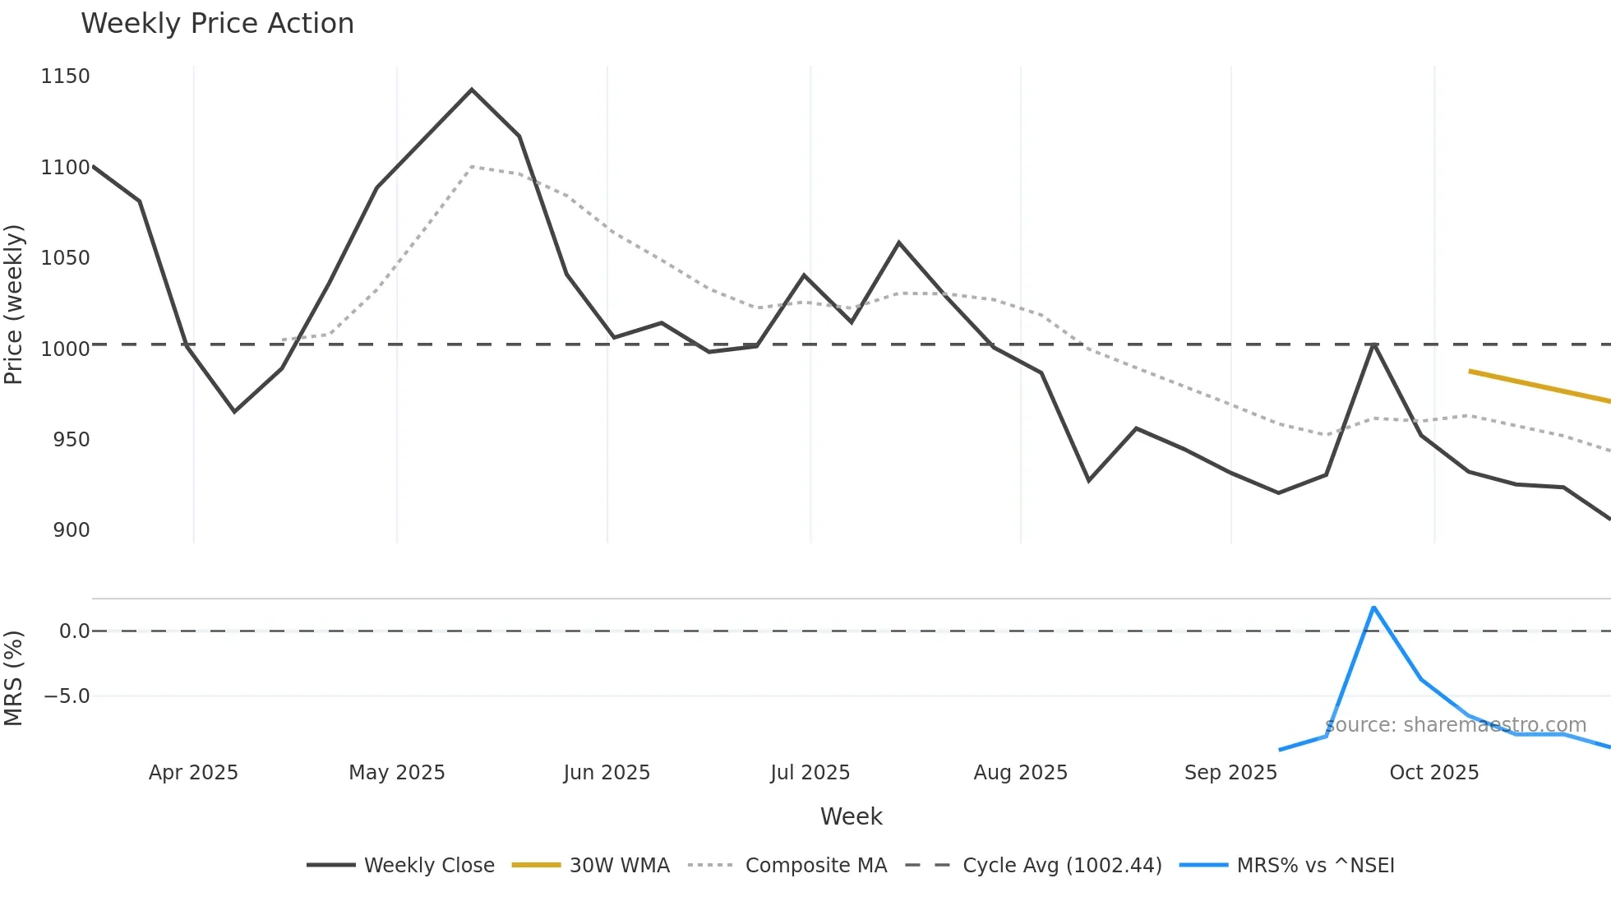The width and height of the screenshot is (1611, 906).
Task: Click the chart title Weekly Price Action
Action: pyautogui.click(x=217, y=24)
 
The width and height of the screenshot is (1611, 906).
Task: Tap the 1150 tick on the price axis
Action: pyautogui.click(x=65, y=76)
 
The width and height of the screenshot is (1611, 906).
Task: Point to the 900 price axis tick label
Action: pyautogui.click(x=72, y=530)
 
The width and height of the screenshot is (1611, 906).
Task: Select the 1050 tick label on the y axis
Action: pyautogui.click(x=65, y=258)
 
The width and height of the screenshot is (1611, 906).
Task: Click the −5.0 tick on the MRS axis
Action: pyautogui.click(x=67, y=696)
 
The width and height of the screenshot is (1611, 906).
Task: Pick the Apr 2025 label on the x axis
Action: pyautogui.click(x=193, y=773)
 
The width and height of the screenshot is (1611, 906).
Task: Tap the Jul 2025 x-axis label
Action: pyautogui.click(x=810, y=773)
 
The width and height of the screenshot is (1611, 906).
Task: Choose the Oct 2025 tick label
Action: pyautogui.click(x=1433, y=773)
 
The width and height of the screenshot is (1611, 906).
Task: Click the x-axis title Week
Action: pyautogui.click(x=851, y=816)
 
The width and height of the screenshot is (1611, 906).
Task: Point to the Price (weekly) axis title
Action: pyautogui.click(x=14, y=304)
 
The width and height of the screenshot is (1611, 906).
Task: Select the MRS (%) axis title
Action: pyautogui.click(x=14, y=678)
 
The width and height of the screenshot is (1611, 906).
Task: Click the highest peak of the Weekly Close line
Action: pyautogui.click(x=471, y=90)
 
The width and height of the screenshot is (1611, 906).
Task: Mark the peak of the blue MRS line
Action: pyautogui.click(x=1373, y=608)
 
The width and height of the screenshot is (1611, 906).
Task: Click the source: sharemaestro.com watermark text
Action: pyautogui.click(x=1455, y=725)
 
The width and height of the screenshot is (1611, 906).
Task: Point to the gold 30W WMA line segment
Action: pyautogui.click(x=1537, y=386)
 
